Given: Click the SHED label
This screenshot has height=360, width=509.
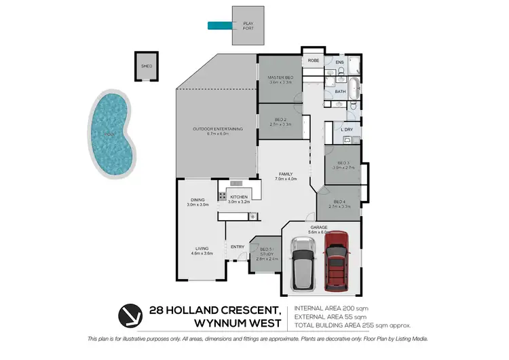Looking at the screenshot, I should pos(145,67).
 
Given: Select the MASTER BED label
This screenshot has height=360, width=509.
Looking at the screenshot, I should pos(280,78).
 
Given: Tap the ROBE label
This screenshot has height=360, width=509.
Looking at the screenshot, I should pos(314,60).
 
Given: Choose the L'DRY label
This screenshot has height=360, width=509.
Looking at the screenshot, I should pos(347,129).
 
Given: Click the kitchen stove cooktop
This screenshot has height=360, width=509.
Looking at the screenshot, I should pos(222,196).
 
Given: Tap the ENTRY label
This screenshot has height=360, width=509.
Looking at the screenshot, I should pos(238,247).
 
